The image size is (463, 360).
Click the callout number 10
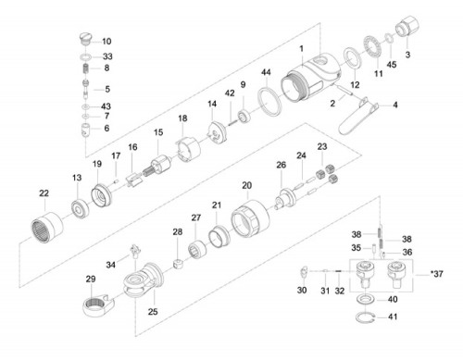106,42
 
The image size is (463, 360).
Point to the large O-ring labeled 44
269,101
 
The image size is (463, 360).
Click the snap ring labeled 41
365,317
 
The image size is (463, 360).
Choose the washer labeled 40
365,299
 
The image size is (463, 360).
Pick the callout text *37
437,274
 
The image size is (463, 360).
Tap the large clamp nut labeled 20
250,218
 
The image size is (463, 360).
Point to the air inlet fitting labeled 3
407,26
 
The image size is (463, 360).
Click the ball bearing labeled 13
81,209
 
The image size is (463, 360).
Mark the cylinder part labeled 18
189,150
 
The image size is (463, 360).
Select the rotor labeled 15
156,166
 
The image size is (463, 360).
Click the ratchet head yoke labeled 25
143,280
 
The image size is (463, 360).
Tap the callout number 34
111,265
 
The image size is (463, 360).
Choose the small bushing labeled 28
179,265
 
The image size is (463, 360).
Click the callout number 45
392,65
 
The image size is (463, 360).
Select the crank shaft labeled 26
285,198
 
